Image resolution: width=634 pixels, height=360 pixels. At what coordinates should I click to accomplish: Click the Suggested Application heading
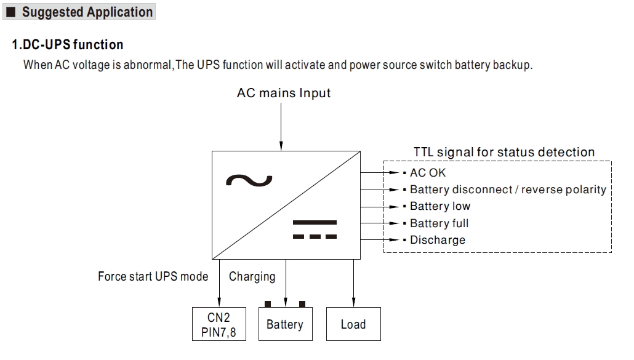point(87,12)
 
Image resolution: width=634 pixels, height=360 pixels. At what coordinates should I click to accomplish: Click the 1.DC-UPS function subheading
point(68,45)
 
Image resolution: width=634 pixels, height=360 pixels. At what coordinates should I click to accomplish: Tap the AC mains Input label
point(284,94)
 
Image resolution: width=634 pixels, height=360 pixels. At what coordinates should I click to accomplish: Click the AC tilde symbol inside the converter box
point(249,180)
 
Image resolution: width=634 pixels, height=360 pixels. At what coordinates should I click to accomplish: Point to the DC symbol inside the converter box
point(315,229)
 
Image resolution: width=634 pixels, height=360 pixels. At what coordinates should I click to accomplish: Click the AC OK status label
point(428,173)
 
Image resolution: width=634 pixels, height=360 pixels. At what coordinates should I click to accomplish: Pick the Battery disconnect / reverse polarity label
point(508,190)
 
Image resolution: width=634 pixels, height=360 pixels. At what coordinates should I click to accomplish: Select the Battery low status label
point(440,206)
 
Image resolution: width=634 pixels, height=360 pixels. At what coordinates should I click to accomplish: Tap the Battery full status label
point(439,223)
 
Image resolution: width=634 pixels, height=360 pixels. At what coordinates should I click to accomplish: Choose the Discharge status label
point(438,240)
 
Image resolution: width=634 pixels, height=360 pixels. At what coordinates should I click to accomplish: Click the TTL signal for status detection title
point(504,152)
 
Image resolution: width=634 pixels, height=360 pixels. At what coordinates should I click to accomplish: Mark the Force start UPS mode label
point(153,276)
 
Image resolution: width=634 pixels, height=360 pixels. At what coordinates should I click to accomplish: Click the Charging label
point(252,276)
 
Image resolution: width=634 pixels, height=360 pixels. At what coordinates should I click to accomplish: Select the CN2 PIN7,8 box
point(219,324)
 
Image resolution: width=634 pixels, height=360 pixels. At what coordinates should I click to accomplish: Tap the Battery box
point(285,324)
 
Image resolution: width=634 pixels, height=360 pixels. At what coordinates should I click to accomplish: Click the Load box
point(353,324)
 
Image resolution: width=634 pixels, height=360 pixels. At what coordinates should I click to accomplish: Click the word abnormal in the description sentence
point(148,65)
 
